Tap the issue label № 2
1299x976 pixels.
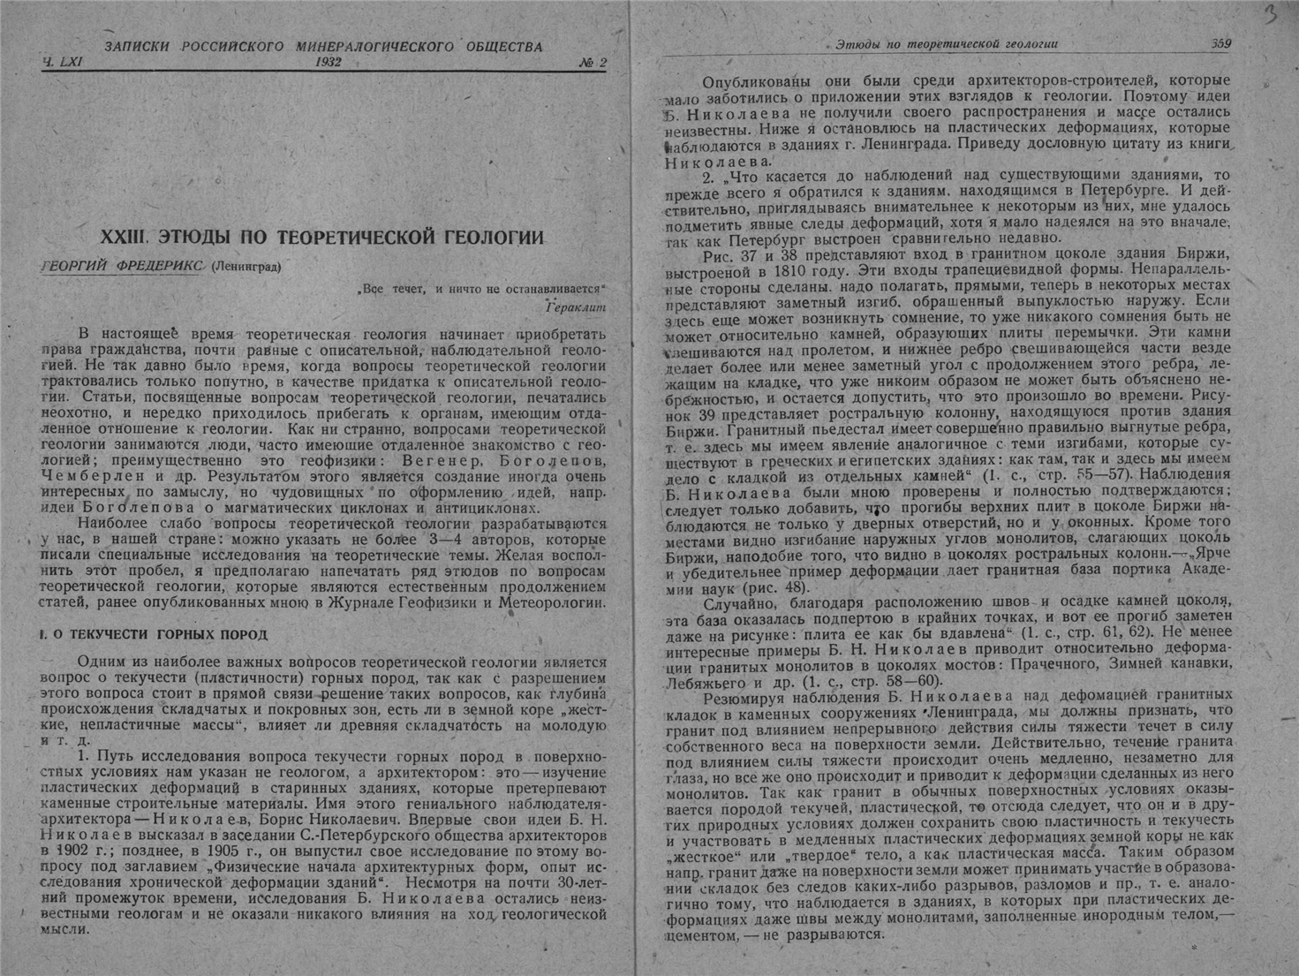592,63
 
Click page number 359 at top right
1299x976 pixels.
1221,43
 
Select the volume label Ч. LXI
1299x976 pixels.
61,63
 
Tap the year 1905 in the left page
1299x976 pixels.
225,850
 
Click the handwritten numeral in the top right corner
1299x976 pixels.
1271,16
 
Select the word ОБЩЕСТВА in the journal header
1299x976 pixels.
504,46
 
